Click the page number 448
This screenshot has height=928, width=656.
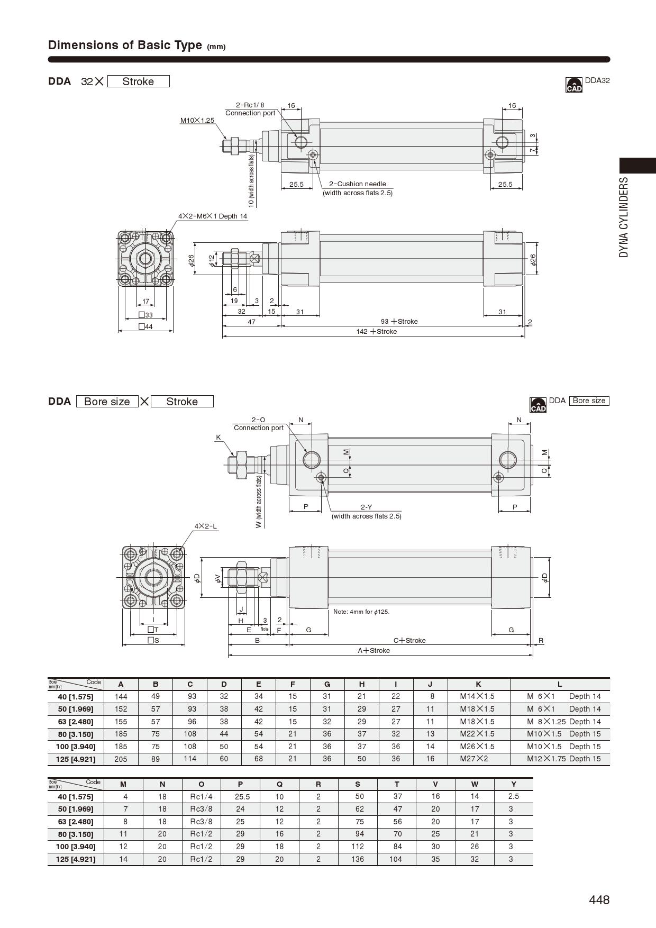coord(599,900)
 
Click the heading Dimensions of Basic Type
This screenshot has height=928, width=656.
coord(125,45)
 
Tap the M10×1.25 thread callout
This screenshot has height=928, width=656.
coord(197,121)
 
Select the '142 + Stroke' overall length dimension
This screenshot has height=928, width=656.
coord(376,332)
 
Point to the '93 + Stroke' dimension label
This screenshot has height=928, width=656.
coord(399,321)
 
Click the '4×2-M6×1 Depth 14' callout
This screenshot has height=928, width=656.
coord(213,216)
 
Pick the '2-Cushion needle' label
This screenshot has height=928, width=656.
coord(358,184)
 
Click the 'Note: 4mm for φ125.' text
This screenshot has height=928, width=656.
coord(361,612)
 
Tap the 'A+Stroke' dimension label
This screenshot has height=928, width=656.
coord(373,651)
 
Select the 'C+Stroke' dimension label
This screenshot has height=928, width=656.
coord(409,640)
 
